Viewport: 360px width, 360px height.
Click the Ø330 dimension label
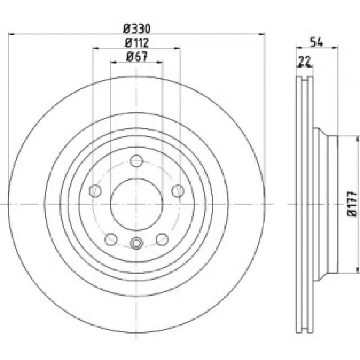tap(137, 29)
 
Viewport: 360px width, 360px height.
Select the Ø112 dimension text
tap(137, 42)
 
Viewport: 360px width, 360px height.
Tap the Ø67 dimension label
tap(137, 57)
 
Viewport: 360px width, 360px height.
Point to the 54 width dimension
tap(317, 42)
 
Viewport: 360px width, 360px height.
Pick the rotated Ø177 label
tap(352, 204)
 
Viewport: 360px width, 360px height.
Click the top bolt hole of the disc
tap(136, 161)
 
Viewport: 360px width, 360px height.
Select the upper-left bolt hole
tap(95, 191)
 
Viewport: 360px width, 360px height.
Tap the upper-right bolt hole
tap(178, 191)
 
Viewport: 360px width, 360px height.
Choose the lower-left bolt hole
tap(111, 239)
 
